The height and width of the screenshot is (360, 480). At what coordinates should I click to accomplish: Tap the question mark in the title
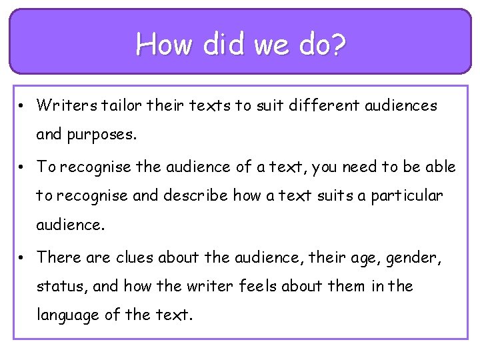coord(339,45)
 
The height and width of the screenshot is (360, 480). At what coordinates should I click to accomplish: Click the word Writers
coord(65,105)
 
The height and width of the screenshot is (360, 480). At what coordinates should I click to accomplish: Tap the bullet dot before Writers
coord(22,106)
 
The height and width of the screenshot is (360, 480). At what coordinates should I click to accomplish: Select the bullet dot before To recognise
coord(22,167)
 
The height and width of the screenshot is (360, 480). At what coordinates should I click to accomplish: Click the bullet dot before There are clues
coord(22,257)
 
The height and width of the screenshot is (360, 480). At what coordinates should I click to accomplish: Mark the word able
coord(439,166)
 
